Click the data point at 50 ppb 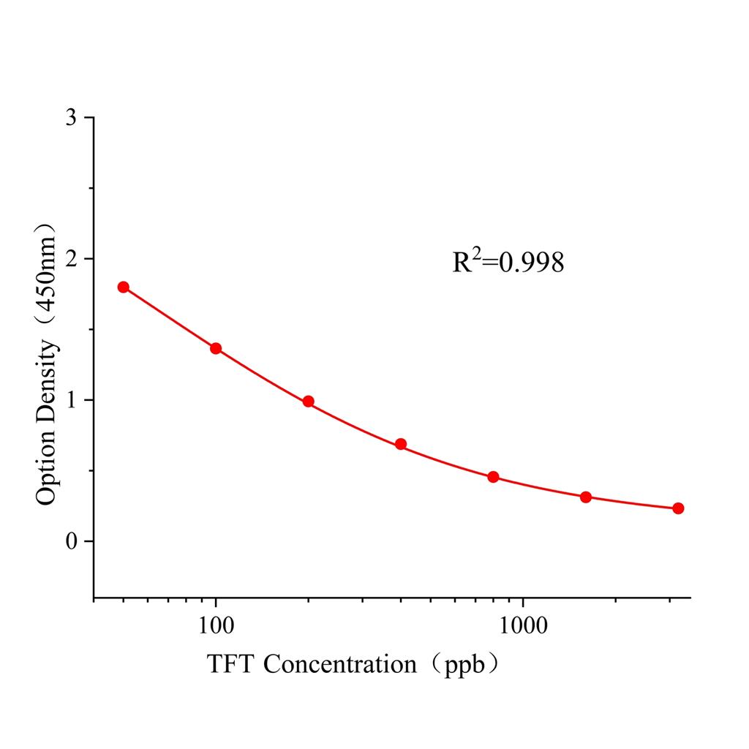123,287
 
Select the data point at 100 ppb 216,348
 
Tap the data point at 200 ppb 308,401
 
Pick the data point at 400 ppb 401,444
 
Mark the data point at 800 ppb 493,477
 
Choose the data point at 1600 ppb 586,497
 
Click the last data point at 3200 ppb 678,508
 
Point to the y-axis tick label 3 71,118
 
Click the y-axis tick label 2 71,260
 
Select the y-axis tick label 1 71,401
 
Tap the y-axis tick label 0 71,542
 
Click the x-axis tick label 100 216,627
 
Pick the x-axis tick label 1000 522,627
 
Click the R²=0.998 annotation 508,262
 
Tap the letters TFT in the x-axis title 232,664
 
